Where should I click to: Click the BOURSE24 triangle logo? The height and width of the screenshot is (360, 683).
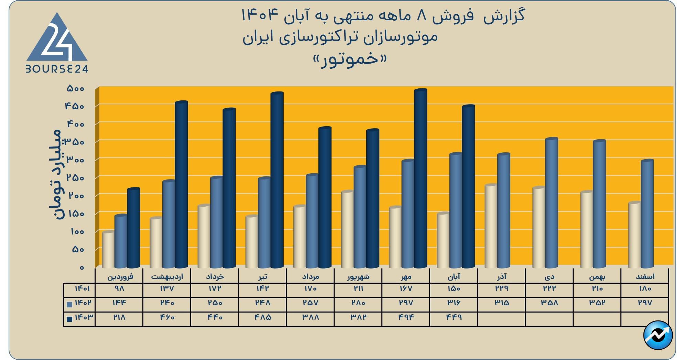coord(57,43)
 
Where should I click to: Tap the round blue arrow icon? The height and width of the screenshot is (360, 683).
coord(658,335)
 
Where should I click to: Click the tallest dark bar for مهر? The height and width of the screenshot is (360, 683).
coord(420,179)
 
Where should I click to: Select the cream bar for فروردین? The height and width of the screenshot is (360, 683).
coord(108,249)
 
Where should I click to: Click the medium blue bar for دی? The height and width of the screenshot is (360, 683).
coord(551,203)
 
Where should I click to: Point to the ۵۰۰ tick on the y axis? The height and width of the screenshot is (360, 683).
coord(75,88)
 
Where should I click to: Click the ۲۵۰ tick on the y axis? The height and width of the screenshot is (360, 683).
coord(75,178)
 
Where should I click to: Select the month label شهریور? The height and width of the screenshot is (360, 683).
coord(358,276)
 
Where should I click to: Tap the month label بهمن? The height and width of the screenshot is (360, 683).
coord(597,276)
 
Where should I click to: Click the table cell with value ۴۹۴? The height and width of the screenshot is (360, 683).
coord(406,317)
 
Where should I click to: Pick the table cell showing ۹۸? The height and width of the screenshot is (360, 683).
coord(119,288)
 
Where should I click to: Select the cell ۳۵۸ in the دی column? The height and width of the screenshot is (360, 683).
coord(549,303)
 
